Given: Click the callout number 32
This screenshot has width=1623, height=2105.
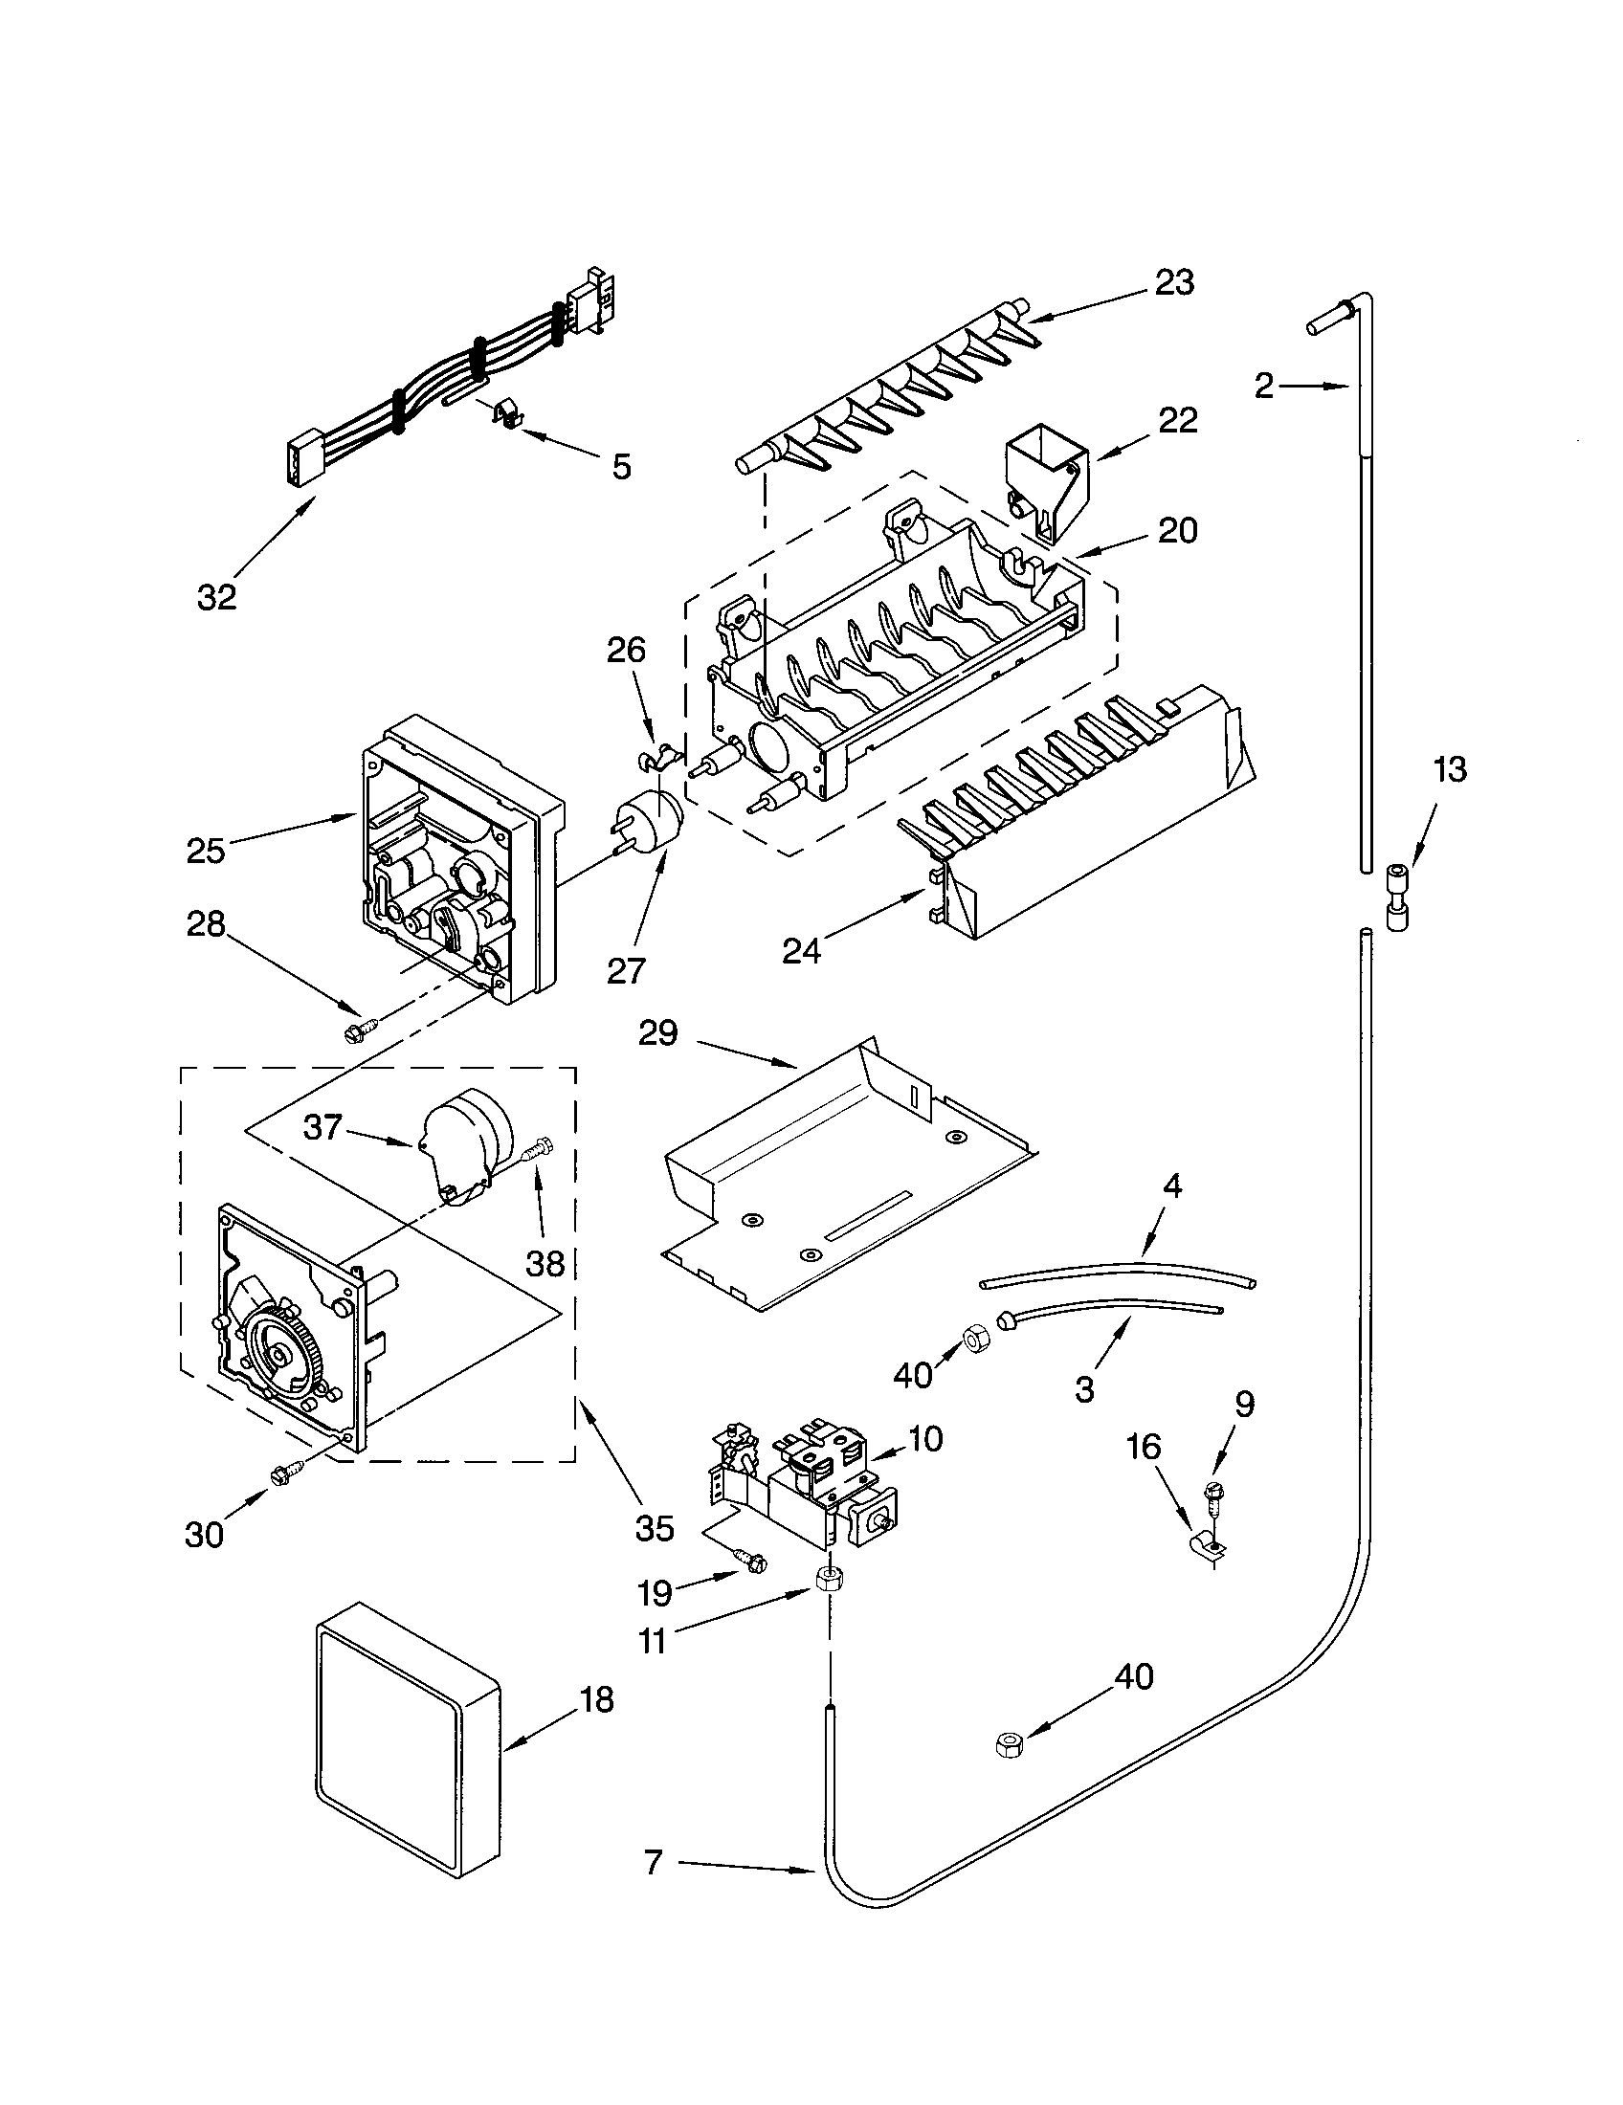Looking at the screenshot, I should (216, 598).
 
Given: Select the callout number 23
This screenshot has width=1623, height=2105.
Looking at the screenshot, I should (1174, 282).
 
